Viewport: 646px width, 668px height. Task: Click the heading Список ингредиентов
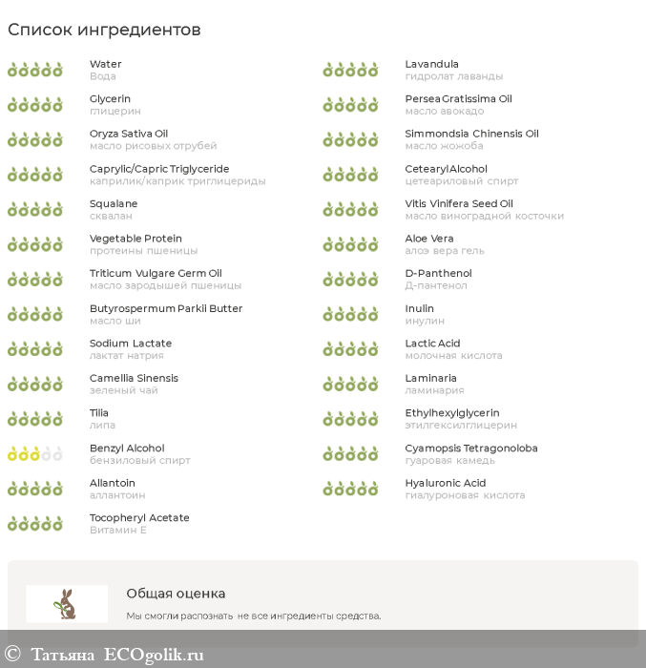coord(104,30)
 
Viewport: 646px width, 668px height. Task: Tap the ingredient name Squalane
coord(114,203)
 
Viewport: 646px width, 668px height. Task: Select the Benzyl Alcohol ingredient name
coord(127,448)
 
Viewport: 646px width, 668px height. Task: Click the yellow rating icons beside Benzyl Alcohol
coord(34,454)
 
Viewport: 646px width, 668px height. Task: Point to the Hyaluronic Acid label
coord(445,483)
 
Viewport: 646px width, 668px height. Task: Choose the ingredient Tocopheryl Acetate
coord(139,517)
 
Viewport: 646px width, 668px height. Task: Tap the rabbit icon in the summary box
coord(66,603)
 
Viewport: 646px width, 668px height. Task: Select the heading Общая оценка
coord(176,593)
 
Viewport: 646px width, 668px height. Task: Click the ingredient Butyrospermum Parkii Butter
coord(166,308)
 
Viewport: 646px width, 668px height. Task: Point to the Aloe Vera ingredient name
coord(429,239)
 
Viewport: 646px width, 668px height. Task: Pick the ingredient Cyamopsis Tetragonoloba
coord(471,448)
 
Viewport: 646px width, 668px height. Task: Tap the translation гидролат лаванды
coord(453,76)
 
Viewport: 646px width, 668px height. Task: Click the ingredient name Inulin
coord(419,308)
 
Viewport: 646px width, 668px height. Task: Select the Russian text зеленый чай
coord(124,390)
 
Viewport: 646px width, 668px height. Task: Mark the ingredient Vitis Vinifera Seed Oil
coord(459,203)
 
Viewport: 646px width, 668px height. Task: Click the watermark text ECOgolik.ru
coord(154,655)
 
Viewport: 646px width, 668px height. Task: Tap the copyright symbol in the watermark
coord(12,655)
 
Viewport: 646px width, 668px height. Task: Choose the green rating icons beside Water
coord(34,70)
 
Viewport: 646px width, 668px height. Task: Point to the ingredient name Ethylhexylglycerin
coord(452,413)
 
